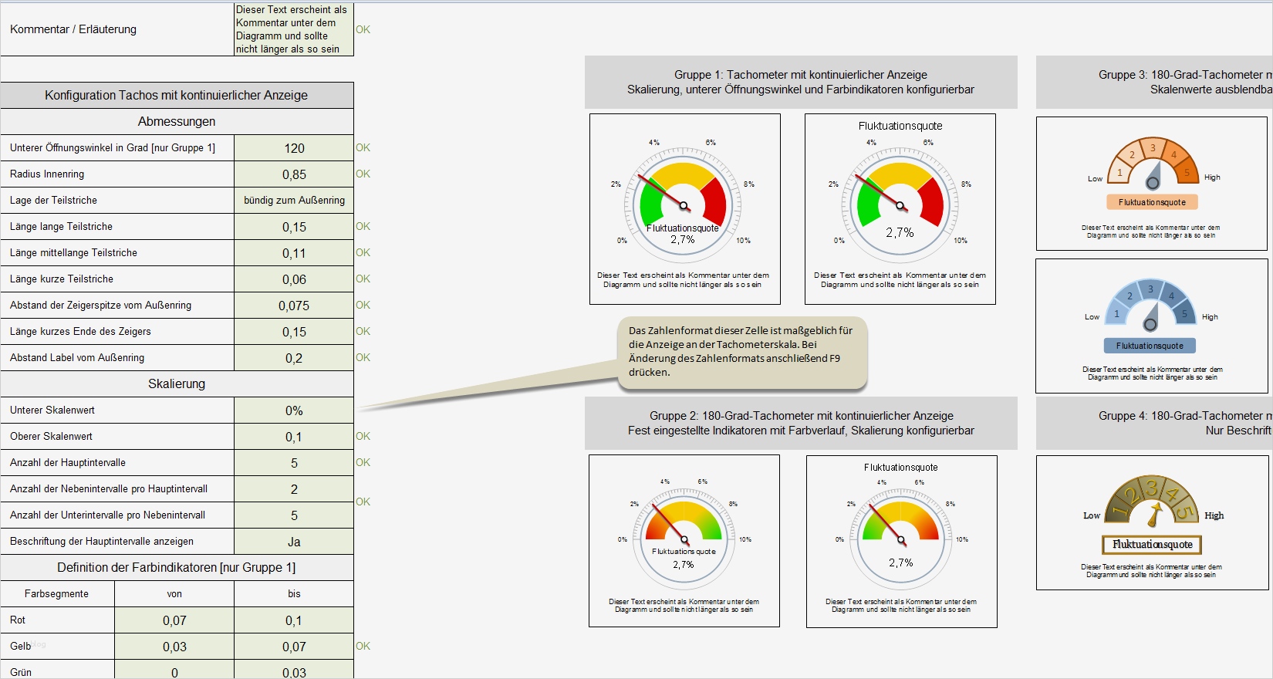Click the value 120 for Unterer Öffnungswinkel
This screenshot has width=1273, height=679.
(294, 148)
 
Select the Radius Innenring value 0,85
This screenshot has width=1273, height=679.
(294, 174)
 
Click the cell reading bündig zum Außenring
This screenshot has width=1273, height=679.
(294, 201)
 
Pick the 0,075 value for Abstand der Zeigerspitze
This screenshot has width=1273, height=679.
(294, 306)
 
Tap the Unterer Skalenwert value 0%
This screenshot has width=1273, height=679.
(294, 410)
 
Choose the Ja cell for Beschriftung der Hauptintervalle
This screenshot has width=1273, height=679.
(294, 542)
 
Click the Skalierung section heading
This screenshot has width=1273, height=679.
(177, 384)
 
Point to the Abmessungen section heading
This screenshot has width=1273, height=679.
(177, 122)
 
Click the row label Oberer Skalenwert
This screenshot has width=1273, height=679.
(51, 437)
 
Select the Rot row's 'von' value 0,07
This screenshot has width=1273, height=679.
(174, 620)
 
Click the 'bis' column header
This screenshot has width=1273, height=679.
(294, 594)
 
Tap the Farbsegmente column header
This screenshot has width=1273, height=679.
(56, 594)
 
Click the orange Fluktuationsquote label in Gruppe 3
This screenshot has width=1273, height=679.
(1152, 202)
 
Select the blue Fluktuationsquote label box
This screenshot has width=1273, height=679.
(1150, 346)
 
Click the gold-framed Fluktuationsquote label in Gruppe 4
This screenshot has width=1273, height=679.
(1152, 545)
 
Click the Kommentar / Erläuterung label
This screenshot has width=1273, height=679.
(73, 29)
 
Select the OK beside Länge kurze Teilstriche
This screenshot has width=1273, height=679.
(363, 279)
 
